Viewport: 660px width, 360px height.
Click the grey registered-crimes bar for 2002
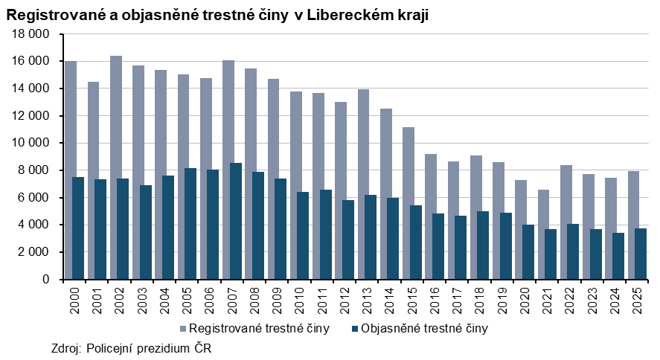click(116, 115)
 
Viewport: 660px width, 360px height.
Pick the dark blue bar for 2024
click(618, 256)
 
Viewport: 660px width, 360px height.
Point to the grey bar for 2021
click(542, 208)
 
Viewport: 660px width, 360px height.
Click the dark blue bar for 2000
click(78, 228)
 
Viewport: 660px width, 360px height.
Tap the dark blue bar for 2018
click(483, 245)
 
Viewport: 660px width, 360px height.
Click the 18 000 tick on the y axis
click(31, 34)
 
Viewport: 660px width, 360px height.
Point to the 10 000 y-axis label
click(31, 143)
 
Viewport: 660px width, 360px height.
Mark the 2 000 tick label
click(33, 252)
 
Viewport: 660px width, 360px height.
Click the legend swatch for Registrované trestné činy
click(182, 327)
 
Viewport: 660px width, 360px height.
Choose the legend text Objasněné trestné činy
click(423, 327)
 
